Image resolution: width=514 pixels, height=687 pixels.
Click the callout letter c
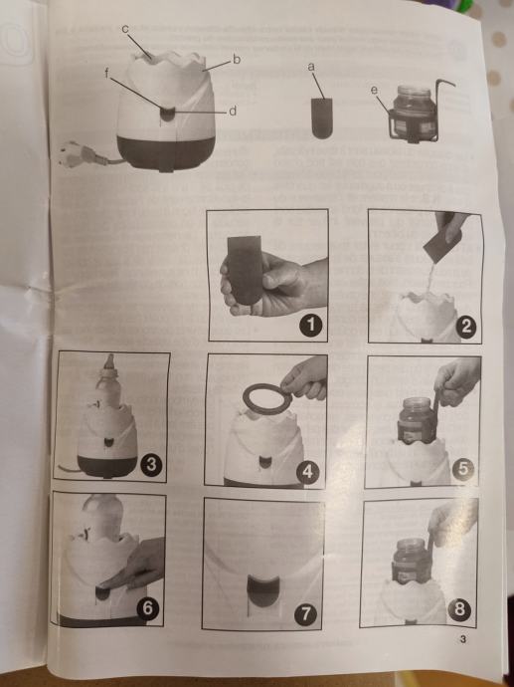[125, 29]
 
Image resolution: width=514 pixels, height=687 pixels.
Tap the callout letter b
[237, 59]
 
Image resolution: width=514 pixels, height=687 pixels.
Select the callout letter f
[107, 74]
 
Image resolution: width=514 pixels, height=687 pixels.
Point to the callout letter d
[234, 112]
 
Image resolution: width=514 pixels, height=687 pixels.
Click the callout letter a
[311, 67]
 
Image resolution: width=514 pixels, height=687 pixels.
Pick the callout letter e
[374, 91]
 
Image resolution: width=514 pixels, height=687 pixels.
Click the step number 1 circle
[311, 326]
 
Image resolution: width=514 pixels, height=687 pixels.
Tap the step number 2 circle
[466, 328]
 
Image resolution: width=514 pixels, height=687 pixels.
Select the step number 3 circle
[151, 465]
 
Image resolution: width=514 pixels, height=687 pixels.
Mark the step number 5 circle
[463, 471]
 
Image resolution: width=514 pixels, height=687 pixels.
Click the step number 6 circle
[148, 609]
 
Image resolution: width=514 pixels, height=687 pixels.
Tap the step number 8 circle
[459, 610]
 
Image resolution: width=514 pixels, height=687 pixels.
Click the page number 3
[463, 639]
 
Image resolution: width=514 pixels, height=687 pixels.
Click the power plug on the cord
[79, 153]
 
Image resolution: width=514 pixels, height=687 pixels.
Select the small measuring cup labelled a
[322, 118]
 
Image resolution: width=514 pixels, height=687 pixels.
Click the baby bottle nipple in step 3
[109, 362]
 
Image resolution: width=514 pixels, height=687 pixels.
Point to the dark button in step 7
[263, 591]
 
